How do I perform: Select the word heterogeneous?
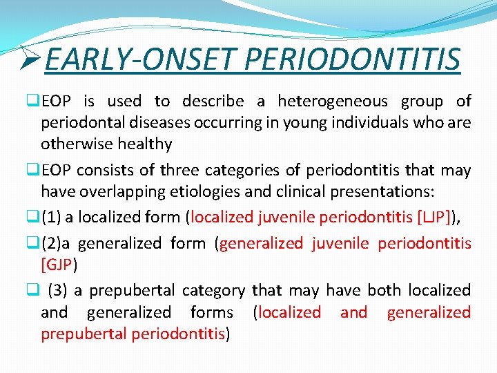click(333, 102)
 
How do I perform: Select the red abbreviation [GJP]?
click(59, 265)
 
